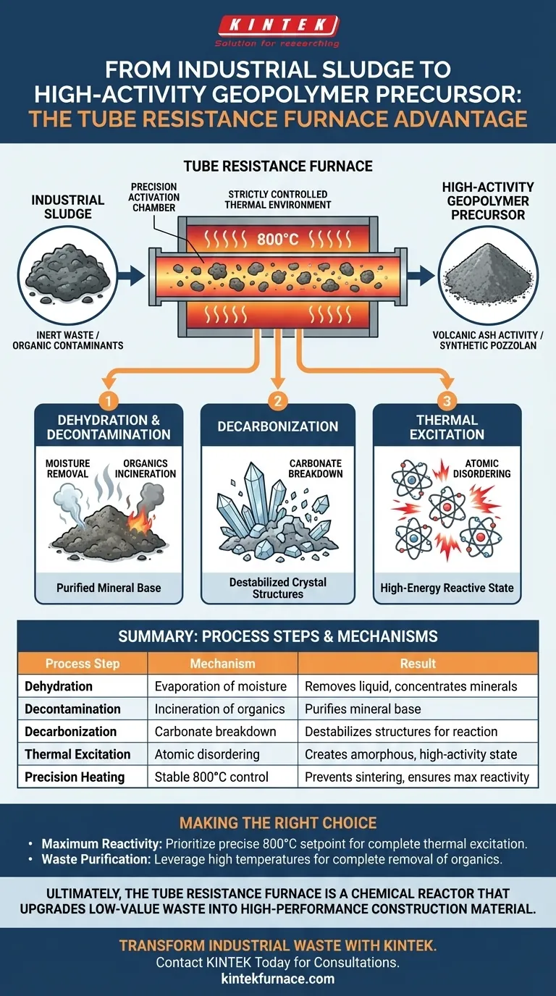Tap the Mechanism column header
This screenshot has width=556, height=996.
coord(222,663)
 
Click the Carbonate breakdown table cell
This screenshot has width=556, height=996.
coord(216,731)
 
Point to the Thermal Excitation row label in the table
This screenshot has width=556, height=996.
coord(77,754)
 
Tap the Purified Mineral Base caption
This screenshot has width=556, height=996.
coord(109,588)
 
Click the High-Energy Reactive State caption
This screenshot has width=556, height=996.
coord(447,588)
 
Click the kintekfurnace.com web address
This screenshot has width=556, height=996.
coord(277,979)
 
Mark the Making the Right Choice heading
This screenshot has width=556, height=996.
coord(277,823)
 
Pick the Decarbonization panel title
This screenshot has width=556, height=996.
coord(278,426)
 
